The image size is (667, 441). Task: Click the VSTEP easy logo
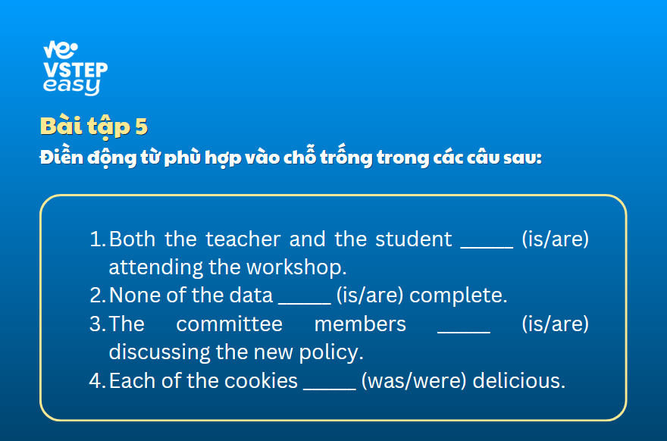pyautogui.click(x=75, y=68)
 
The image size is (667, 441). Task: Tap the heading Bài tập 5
pyautogui.click(x=93, y=127)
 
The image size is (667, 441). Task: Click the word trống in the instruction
pyautogui.click(x=346, y=157)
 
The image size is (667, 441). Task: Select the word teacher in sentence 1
pyautogui.click(x=243, y=239)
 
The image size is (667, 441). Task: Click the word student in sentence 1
pyautogui.click(x=414, y=239)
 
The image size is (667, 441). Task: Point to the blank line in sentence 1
pyautogui.click(x=487, y=247)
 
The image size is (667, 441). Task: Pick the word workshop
pyautogui.click(x=296, y=267)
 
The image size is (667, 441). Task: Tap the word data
pyautogui.click(x=251, y=295)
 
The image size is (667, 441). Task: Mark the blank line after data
pyautogui.click(x=305, y=304)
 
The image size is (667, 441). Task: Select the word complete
pyautogui.click(x=458, y=296)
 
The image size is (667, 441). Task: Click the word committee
pyautogui.click(x=229, y=324)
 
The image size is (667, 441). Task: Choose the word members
pyautogui.click(x=360, y=324)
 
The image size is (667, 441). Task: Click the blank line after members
pyautogui.click(x=464, y=332)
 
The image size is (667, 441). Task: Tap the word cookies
pyautogui.click(x=261, y=380)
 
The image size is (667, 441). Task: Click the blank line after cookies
pyautogui.click(x=330, y=389)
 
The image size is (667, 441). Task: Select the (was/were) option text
pyautogui.click(x=414, y=381)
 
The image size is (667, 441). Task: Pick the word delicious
pyautogui.click(x=519, y=380)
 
